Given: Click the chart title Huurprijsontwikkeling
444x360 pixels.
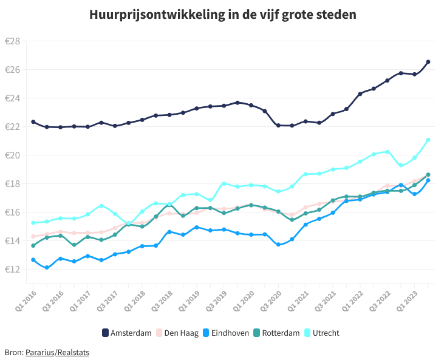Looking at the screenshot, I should [223, 14].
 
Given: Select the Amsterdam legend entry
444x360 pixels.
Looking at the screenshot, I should [127, 333].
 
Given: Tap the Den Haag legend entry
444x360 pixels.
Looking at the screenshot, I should [177, 333].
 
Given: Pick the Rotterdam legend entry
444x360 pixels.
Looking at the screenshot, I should [276, 333].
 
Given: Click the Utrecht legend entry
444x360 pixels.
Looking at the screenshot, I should [321, 333].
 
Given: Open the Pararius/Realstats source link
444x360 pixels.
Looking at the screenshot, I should [57, 352].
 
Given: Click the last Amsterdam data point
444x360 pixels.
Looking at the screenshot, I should [428, 62].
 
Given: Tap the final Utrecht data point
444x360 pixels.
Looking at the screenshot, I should [428, 140].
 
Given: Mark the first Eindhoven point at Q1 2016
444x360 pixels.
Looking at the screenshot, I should [33, 260].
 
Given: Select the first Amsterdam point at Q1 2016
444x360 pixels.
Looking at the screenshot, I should [33, 122].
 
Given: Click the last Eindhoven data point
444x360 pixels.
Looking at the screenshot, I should [428, 180].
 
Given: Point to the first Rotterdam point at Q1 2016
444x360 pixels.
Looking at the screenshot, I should [33, 245].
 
